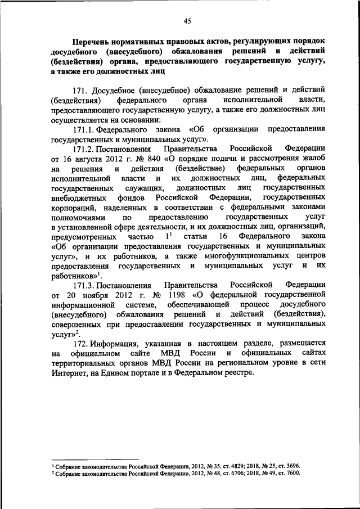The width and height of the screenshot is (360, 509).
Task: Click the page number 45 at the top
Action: (x=187, y=21)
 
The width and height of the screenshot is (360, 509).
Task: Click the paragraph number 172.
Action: (x=80, y=343)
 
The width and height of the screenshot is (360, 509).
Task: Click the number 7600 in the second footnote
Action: (x=292, y=474)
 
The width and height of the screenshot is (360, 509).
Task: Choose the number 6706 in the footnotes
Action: (x=231, y=474)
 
